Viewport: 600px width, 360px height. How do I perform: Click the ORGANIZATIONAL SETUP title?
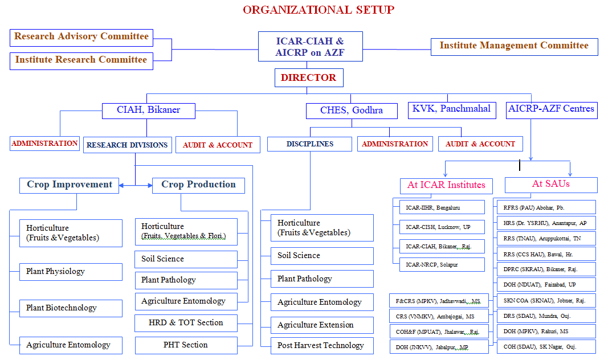tap(318, 10)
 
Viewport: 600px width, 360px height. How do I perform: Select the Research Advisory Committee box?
tap(81, 37)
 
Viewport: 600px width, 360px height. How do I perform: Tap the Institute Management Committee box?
tap(513, 46)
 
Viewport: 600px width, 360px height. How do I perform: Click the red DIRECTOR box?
tap(309, 77)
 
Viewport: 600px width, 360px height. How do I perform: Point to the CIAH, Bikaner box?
tap(148, 110)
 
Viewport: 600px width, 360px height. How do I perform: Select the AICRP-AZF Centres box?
tap(551, 109)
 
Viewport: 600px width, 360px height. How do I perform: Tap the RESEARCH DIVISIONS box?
tap(127, 145)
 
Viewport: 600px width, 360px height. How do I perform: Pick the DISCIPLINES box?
tap(309, 144)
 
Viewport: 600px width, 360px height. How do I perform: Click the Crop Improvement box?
tap(70, 185)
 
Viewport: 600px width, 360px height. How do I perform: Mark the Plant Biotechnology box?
tap(71, 308)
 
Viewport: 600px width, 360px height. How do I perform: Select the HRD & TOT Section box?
tap(186, 323)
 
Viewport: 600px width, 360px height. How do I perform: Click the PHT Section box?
tap(186, 345)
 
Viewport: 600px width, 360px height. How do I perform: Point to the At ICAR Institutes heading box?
tap(446, 185)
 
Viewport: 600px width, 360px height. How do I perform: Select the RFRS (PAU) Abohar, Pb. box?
tap(546, 207)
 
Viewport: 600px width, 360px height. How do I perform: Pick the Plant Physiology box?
tap(71, 272)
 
